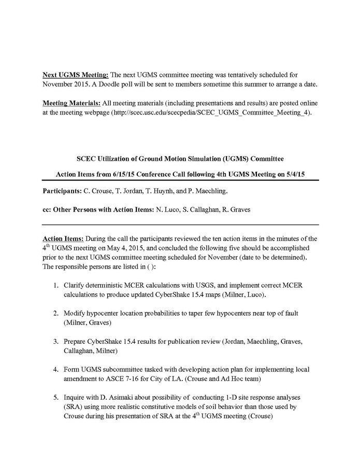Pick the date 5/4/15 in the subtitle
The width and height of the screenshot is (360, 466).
294,173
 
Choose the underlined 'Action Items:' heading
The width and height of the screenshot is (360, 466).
62,238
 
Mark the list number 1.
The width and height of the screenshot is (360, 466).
55,285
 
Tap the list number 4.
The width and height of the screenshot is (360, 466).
55,370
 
